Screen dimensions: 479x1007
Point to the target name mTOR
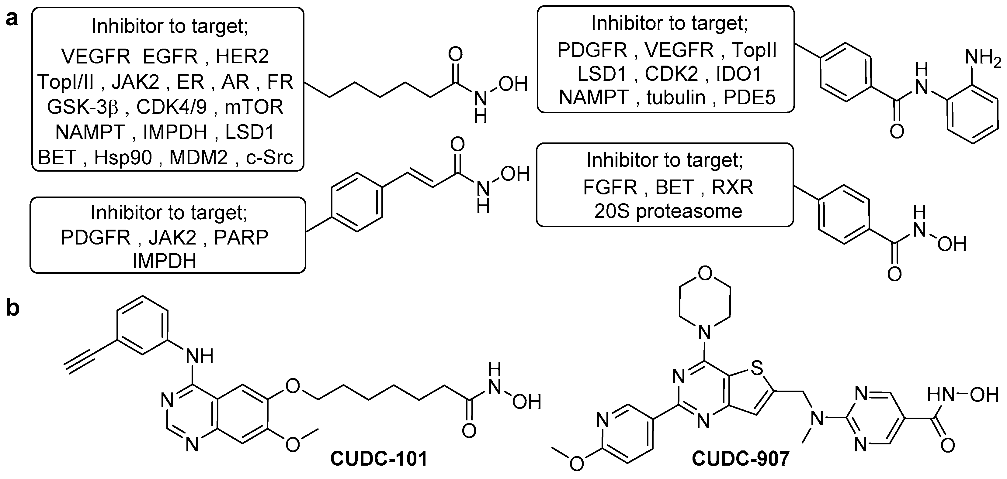(254, 107)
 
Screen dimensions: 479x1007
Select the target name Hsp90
(123, 158)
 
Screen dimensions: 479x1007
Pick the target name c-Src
(269, 158)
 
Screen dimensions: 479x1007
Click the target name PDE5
(749, 98)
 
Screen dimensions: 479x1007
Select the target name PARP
(241, 238)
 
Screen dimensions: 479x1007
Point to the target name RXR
(732, 187)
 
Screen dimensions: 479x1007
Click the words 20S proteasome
(668, 211)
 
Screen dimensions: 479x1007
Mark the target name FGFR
(610, 187)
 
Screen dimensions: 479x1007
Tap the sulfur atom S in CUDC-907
(757, 368)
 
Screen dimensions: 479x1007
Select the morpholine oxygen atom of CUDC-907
(704, 274)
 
